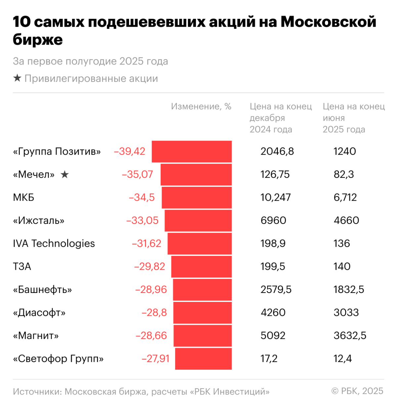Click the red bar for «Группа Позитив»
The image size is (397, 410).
[192, 151]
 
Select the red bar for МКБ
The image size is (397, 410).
[197, 197]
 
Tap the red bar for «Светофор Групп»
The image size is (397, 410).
[203, 359]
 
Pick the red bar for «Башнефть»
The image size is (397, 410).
[202, 290]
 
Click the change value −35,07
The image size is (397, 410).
[138, 174]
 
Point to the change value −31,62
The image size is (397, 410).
[147, 243]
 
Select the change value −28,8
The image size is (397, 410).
[154, 312]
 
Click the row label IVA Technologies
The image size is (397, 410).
[54, 243]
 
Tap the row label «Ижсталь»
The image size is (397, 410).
[39, 221]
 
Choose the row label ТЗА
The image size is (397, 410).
[22, 266]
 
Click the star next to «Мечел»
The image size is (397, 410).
[65, 174]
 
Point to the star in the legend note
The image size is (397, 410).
[17, 78]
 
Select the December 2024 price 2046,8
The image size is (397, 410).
[277, 151]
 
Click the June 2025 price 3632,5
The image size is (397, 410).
[350, 336]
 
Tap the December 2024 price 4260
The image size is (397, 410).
[273, 312]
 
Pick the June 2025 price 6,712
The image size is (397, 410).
[345, 197]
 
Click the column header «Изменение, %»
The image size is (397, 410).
[201, 106]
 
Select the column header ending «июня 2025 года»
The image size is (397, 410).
[353, 118]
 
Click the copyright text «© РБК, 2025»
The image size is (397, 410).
[357, 391]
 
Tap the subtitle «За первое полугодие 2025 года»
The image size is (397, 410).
[90, 61]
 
